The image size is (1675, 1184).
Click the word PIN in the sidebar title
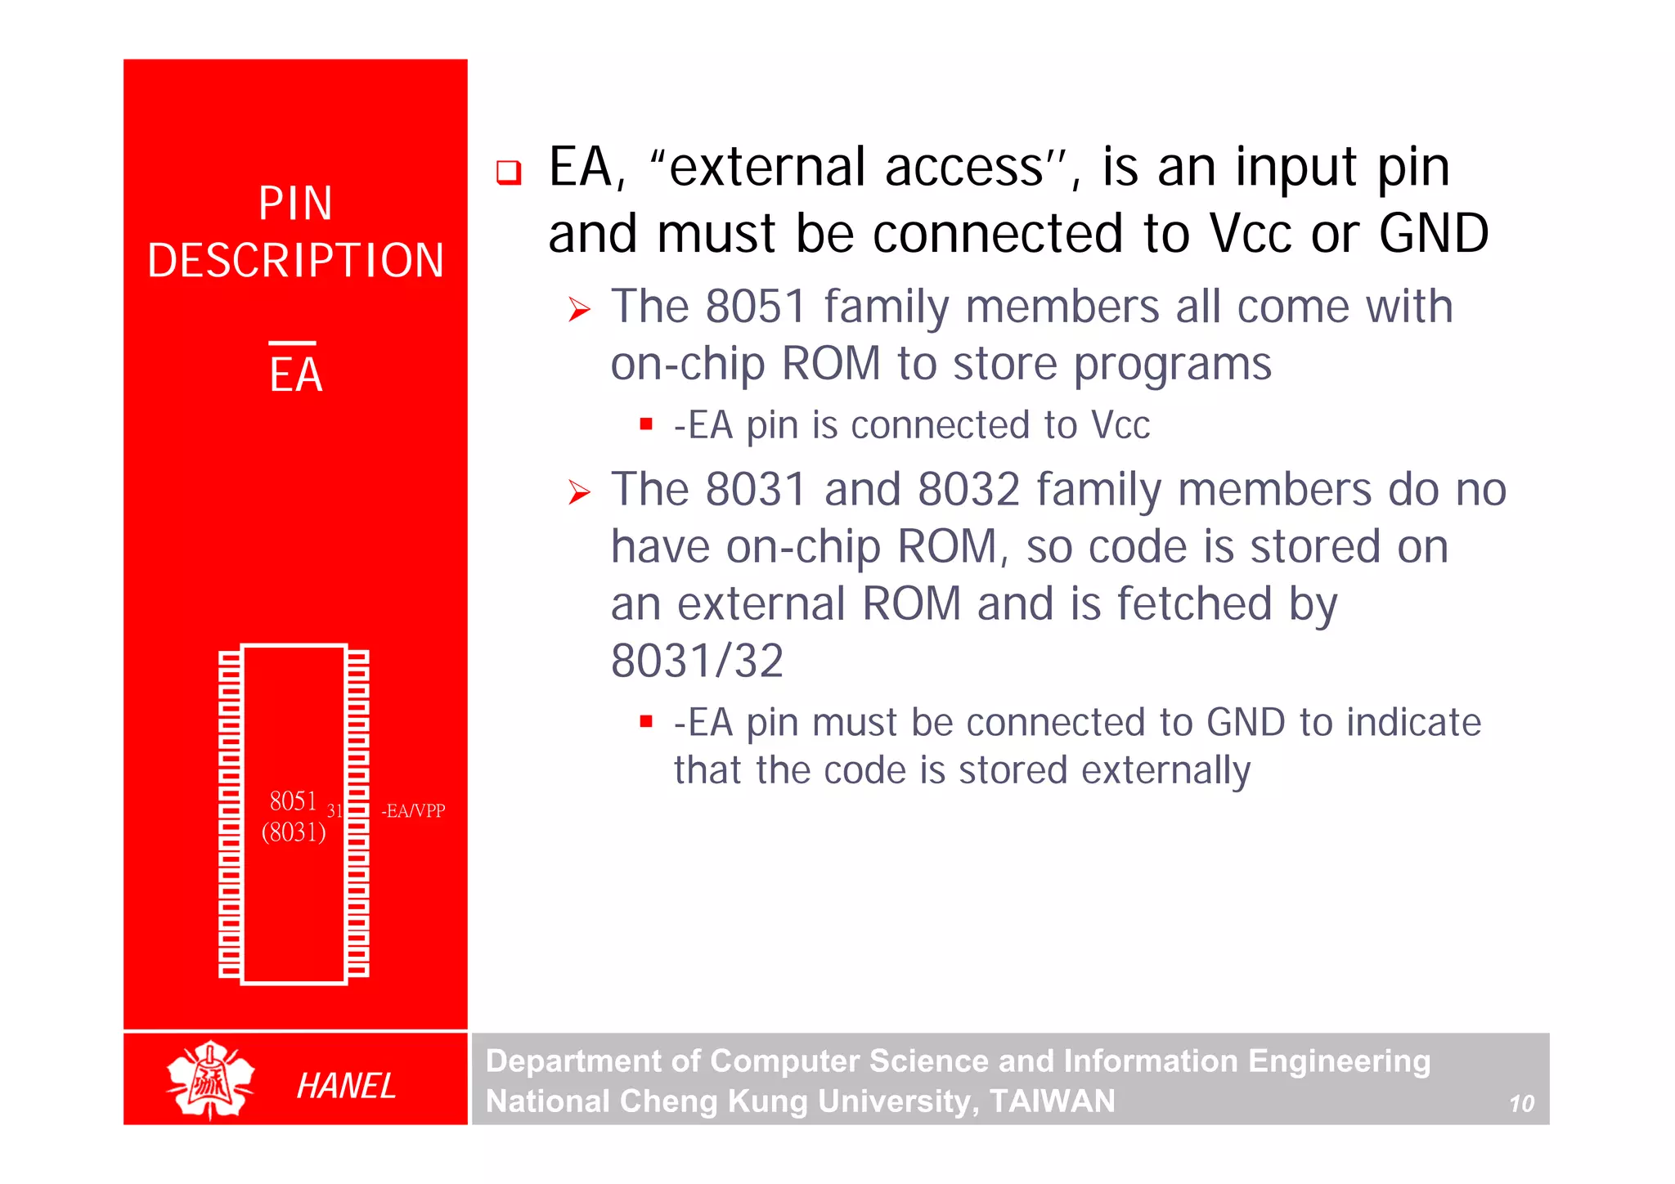point(295,204)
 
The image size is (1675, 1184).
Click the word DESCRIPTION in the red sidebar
point(295,261)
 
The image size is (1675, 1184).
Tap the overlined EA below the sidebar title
point(295,374)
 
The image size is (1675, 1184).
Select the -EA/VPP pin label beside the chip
point(413,811)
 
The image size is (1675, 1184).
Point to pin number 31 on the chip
point(335,811)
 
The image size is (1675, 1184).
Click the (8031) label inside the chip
point(294,832)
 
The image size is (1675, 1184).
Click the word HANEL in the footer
point(346,1086)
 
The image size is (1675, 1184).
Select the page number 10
point(1521,1104)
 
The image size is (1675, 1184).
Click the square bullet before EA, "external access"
point(509,173)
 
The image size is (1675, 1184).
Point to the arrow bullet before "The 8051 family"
point(579,310)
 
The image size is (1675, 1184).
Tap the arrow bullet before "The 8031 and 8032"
point(579,492)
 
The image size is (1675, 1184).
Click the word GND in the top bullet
point(1433,234)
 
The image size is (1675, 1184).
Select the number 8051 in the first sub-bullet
point(757,307)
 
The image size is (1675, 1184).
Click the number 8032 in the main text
point(969,490)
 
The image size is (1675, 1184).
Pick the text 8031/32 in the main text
point(697,661)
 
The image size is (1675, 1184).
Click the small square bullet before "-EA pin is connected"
point(646,424)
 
